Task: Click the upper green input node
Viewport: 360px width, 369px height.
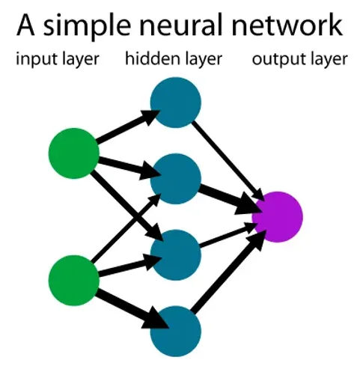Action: point(73,153)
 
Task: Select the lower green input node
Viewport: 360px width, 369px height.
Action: point(73,281)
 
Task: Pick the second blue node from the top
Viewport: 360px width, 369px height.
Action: point(176,177)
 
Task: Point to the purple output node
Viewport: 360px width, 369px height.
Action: point(278,215)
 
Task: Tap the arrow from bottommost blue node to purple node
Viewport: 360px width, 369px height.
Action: point(228,273)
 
